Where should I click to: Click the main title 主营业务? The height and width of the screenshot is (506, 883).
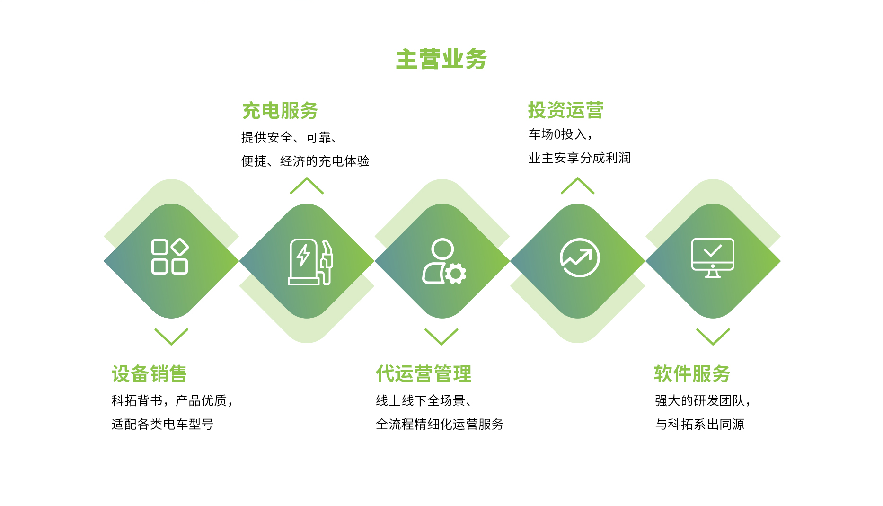tap(441, 59)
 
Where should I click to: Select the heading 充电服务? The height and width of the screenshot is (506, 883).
tap(280, 111)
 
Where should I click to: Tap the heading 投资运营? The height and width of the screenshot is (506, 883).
tap(565, 110)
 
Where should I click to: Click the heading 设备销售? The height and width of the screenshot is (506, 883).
tap(149, 373)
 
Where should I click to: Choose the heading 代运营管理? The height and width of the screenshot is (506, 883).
tap(424, 373)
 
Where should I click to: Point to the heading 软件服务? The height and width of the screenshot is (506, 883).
tap(692, 373)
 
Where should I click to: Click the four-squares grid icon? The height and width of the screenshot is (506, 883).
tap(170, 257)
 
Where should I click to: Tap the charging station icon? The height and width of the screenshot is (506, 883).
tap(310, 262)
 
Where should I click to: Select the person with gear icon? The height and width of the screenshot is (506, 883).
tap(443, 262)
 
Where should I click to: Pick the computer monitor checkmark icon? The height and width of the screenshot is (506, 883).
tap(713, 257)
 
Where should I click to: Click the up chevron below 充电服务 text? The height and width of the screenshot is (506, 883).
tap(307, 186)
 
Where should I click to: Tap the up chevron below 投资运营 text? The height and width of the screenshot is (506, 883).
tap(577, 186)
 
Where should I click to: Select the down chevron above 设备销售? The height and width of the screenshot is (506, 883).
tap(171, 337)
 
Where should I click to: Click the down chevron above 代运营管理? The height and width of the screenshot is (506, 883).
tap(441, 337)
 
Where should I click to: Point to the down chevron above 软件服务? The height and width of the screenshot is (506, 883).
tap(713, 337)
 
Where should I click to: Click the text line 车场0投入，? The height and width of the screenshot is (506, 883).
tap(560, 134)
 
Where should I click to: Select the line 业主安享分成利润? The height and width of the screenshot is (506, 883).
tap(579, 158)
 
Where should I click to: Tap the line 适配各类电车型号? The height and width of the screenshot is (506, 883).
tap(162, 424)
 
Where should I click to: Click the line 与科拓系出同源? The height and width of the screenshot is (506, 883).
tap(699, 424)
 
